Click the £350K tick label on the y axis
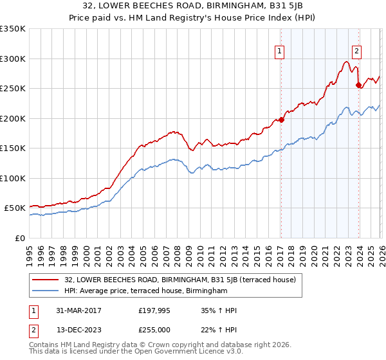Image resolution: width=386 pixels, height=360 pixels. pos(13,29)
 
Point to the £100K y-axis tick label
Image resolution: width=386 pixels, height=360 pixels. pos(13,178)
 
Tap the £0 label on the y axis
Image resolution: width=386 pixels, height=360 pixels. pos(20,238)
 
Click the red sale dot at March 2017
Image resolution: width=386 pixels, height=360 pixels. pos(281,120)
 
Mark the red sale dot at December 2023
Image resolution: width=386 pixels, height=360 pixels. pos(358,85)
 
